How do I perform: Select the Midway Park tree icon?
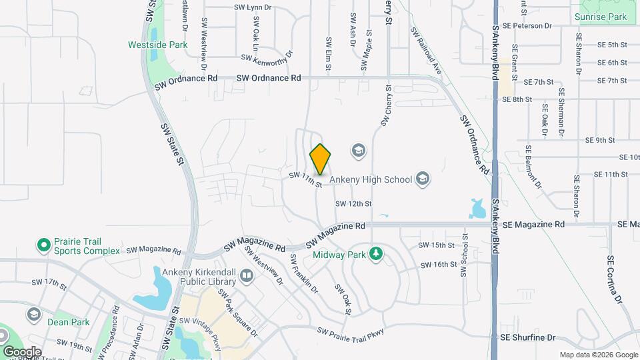[377, 253]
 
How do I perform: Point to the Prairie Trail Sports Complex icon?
[44, 245]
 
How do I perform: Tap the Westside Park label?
[158, 45]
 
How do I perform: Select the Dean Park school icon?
[33, 314]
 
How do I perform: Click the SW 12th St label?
[353, 203]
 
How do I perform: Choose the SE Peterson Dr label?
[528, 26]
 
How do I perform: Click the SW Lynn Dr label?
[254, 7]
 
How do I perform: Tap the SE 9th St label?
[600, 141]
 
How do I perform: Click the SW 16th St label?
[438, 265]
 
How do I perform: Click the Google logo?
[22, 351]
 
